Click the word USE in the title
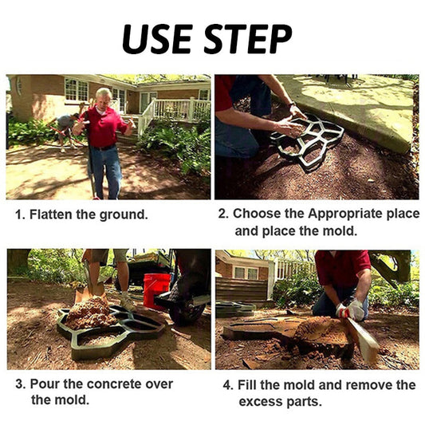(157, 39)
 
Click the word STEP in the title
(248, 39)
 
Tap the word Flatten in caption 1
(51, 214)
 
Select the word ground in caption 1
(124, 215)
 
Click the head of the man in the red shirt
(104, 97)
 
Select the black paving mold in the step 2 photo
(308, 141)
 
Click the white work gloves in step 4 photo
(352, 310)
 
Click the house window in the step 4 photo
(246, 273)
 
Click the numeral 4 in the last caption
(227, 385)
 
